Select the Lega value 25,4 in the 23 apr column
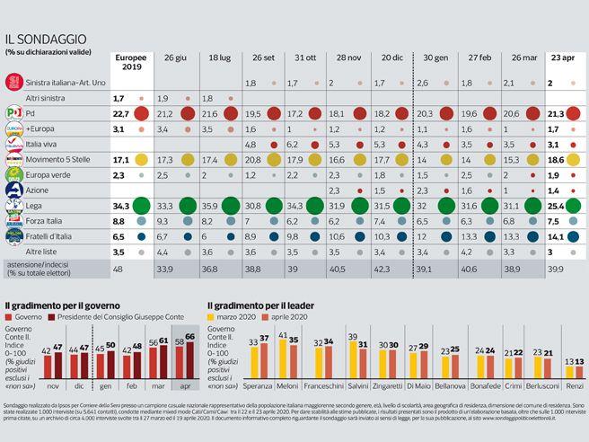pyautogui.click(x=554, y=206)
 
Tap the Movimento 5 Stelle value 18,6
pyautogui.click(x=554, y=159)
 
